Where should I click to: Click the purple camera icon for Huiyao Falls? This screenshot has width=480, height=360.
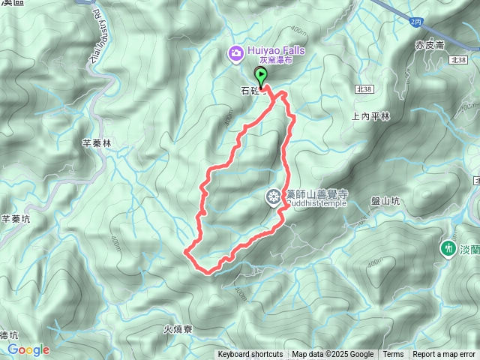click(235, 52)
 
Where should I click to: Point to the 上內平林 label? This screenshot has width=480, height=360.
click(370, 116)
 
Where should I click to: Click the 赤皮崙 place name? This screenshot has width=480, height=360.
click(430, 45)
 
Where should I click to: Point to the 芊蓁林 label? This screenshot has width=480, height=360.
click(96, 142)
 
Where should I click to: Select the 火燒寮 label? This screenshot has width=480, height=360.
click(178, 328)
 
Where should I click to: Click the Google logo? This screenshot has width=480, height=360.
click(28, 349)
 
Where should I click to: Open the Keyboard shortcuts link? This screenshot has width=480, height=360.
click(250, 355)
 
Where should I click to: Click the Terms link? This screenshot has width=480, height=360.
click(393, 355)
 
